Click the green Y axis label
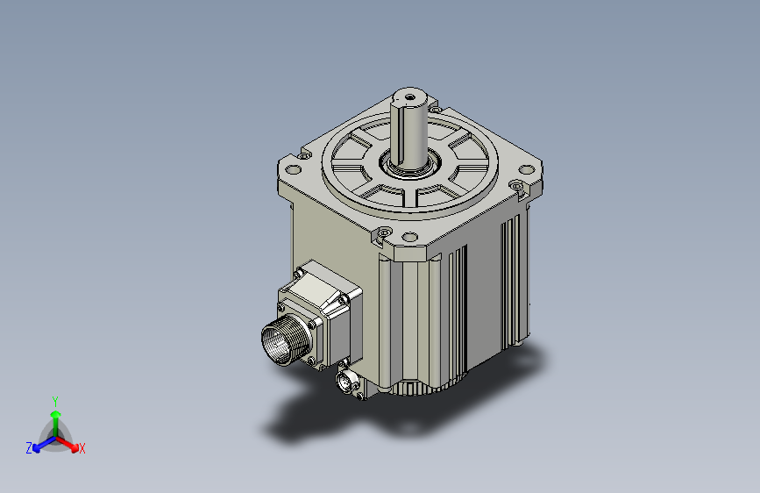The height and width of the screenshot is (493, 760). tap(55, 400)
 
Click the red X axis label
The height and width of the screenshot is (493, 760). tap(82, 449)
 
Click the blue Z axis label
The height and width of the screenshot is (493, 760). tap(29, 448)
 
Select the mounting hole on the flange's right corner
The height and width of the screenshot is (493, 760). tap(517, 185)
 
